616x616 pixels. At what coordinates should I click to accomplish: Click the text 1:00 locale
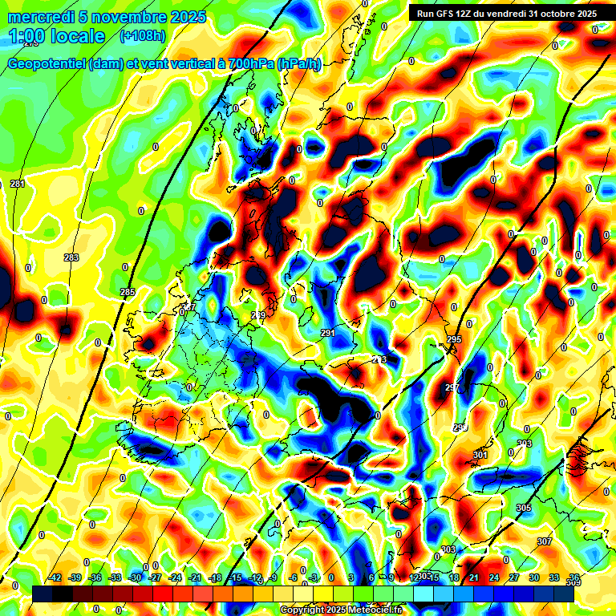(56, 36)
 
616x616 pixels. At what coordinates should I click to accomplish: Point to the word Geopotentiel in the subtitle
(45, 64)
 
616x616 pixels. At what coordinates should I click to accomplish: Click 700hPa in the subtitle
(251, 64)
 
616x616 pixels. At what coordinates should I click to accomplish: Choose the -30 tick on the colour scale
(135, 577)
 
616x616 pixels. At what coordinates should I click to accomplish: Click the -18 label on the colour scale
(214, 577)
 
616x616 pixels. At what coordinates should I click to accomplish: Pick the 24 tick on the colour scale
(493, 577)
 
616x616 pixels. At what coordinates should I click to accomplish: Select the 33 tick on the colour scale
(553, 577)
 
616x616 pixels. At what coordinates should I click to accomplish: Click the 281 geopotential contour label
(18, 184)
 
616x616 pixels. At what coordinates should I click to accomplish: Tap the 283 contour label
(71, 257)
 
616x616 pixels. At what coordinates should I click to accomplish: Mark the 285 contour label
(127, 292)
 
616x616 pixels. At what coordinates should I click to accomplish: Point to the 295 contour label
(454, 340)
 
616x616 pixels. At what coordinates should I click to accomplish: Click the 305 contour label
(523, 509)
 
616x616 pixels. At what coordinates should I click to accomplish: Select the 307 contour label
(545, 542)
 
